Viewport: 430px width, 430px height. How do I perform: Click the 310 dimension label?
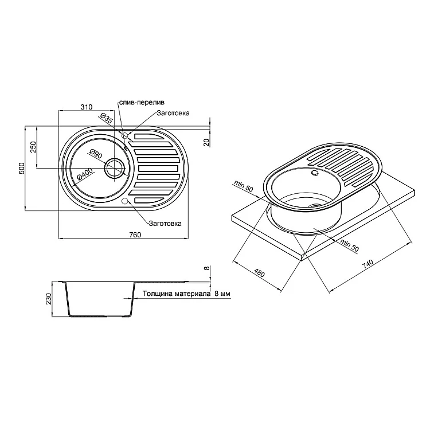pyautogui.click(x=87, y=107)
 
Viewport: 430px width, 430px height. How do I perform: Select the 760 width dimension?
pyautogui.click(x=135, y=234)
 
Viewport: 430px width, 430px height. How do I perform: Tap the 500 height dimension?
pyautogui.click(x=22, y=168)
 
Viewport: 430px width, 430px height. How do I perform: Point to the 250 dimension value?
pyautogui.click(x=33, y=147)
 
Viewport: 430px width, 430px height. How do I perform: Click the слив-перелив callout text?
pyautogui.click(x=142, y=102)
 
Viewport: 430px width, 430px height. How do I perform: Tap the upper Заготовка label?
pyautogui.click(x=173, y=113)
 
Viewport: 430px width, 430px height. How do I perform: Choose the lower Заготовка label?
pyautogui.click(x=165, y=224)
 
